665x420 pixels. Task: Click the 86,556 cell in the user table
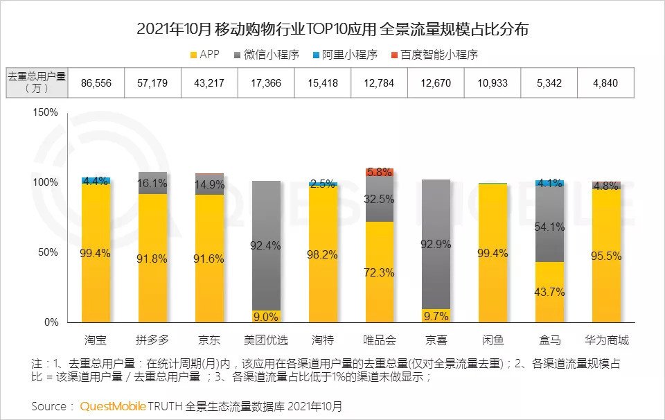coord(96,83)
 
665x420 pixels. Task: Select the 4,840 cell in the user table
coord(606,83)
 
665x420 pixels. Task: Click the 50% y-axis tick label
coord(50,252)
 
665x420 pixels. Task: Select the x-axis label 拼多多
coord(153,340)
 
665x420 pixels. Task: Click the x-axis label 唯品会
coord(380,340)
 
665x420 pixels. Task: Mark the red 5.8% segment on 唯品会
coord(380,172)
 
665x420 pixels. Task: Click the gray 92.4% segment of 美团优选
coord(266,245)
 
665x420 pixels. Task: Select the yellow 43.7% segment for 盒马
coord(549,292)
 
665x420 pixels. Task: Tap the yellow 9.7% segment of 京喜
coord(436,316)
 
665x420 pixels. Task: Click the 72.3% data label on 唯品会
coord(380,272)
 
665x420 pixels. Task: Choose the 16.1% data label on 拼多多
coord(153,184)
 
